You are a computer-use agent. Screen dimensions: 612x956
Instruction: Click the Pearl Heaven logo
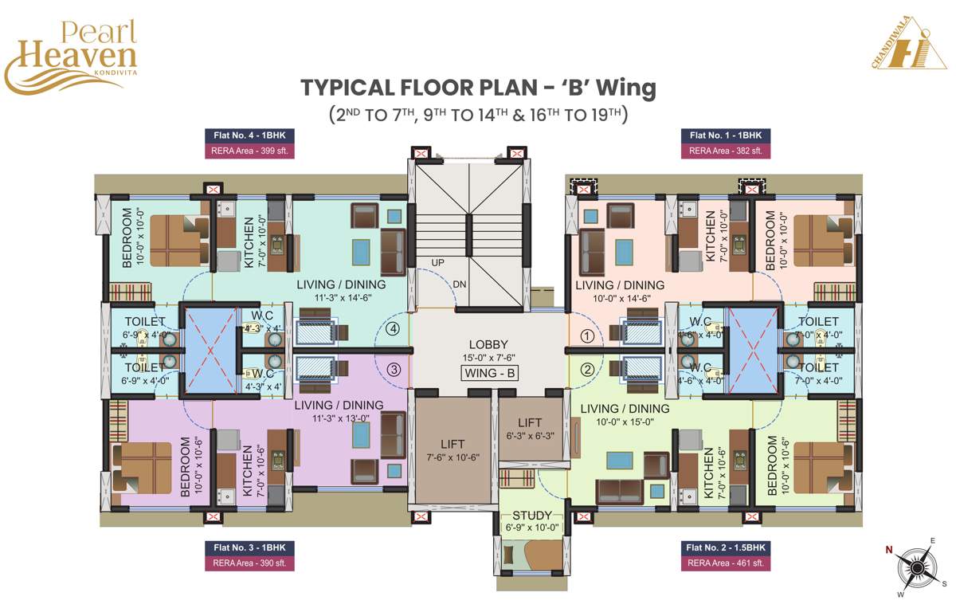coord(71,55)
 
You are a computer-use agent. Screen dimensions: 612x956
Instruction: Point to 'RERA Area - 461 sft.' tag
coord(726,563)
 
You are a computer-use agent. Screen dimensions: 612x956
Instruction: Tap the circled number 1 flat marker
coord(586,336)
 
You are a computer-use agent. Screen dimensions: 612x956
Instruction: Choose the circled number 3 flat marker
coord(393,369)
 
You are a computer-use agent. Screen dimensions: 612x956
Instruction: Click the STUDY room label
coord(532,516)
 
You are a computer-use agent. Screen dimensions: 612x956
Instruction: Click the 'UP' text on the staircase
coord(438,262)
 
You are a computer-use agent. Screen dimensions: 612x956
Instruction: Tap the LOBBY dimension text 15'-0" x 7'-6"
coord(490,358)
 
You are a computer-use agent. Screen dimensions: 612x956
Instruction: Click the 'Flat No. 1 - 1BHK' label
coord(726,135)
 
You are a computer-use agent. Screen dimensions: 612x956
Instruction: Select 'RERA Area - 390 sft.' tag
coord(250,563)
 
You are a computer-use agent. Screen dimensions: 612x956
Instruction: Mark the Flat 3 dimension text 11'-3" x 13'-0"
coord(339,418)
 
